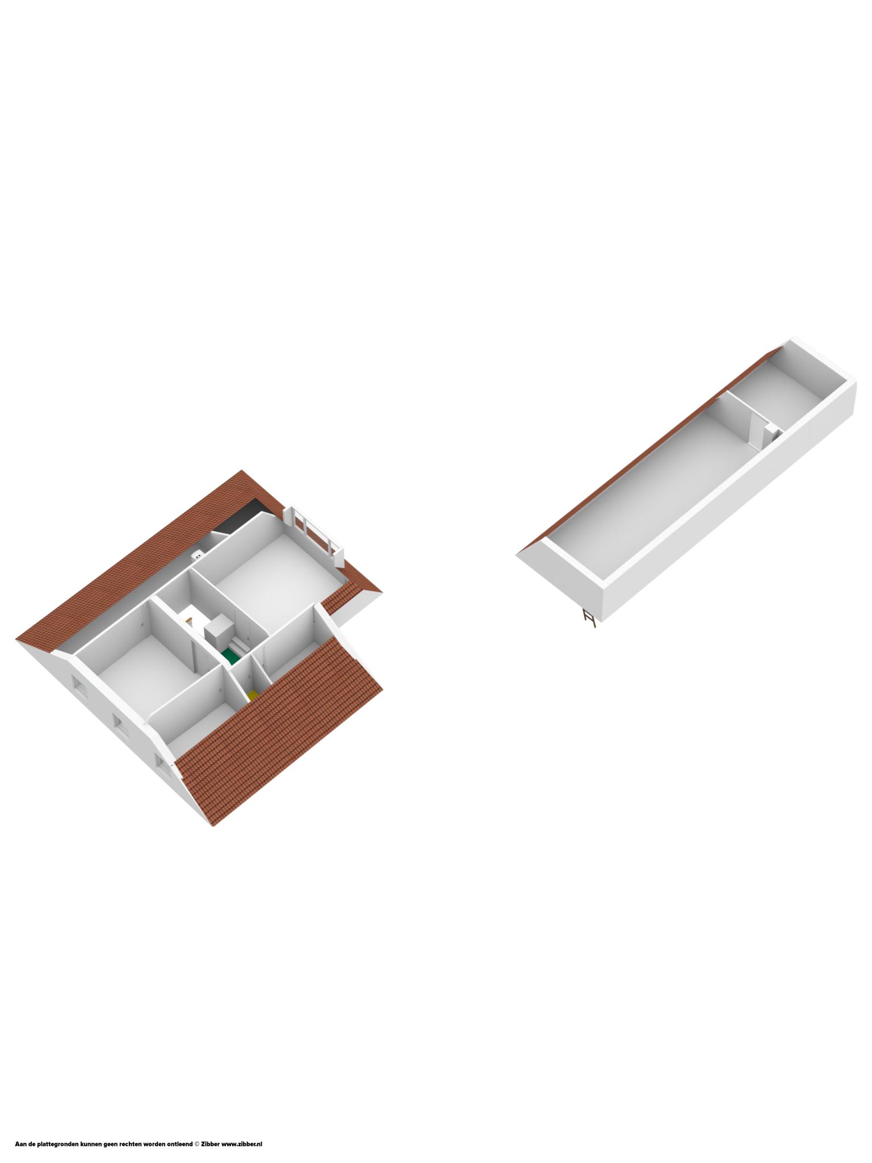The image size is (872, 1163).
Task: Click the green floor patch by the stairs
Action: (230, 657)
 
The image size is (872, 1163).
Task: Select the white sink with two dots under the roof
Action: (198, 555)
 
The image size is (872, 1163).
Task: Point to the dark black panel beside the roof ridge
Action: (241, 517)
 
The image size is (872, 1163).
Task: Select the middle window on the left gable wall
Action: (120, 723)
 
